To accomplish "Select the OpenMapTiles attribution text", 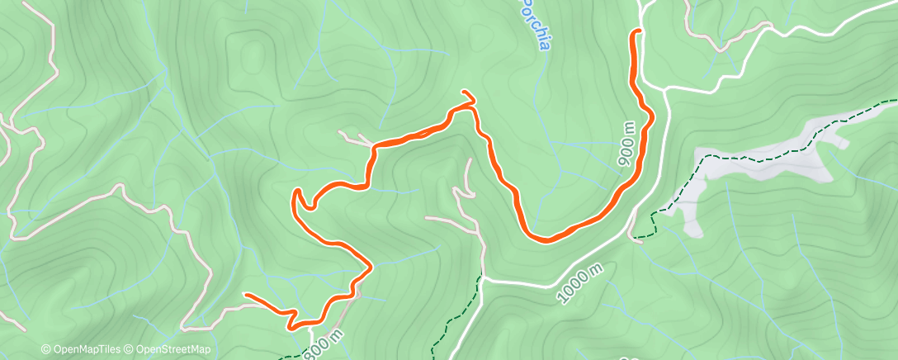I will [88, 350].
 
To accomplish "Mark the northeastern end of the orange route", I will [636, 31].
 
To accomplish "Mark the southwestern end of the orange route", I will [247, 295].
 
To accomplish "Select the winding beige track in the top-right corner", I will [726, 37].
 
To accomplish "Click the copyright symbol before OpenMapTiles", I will [45, 350].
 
